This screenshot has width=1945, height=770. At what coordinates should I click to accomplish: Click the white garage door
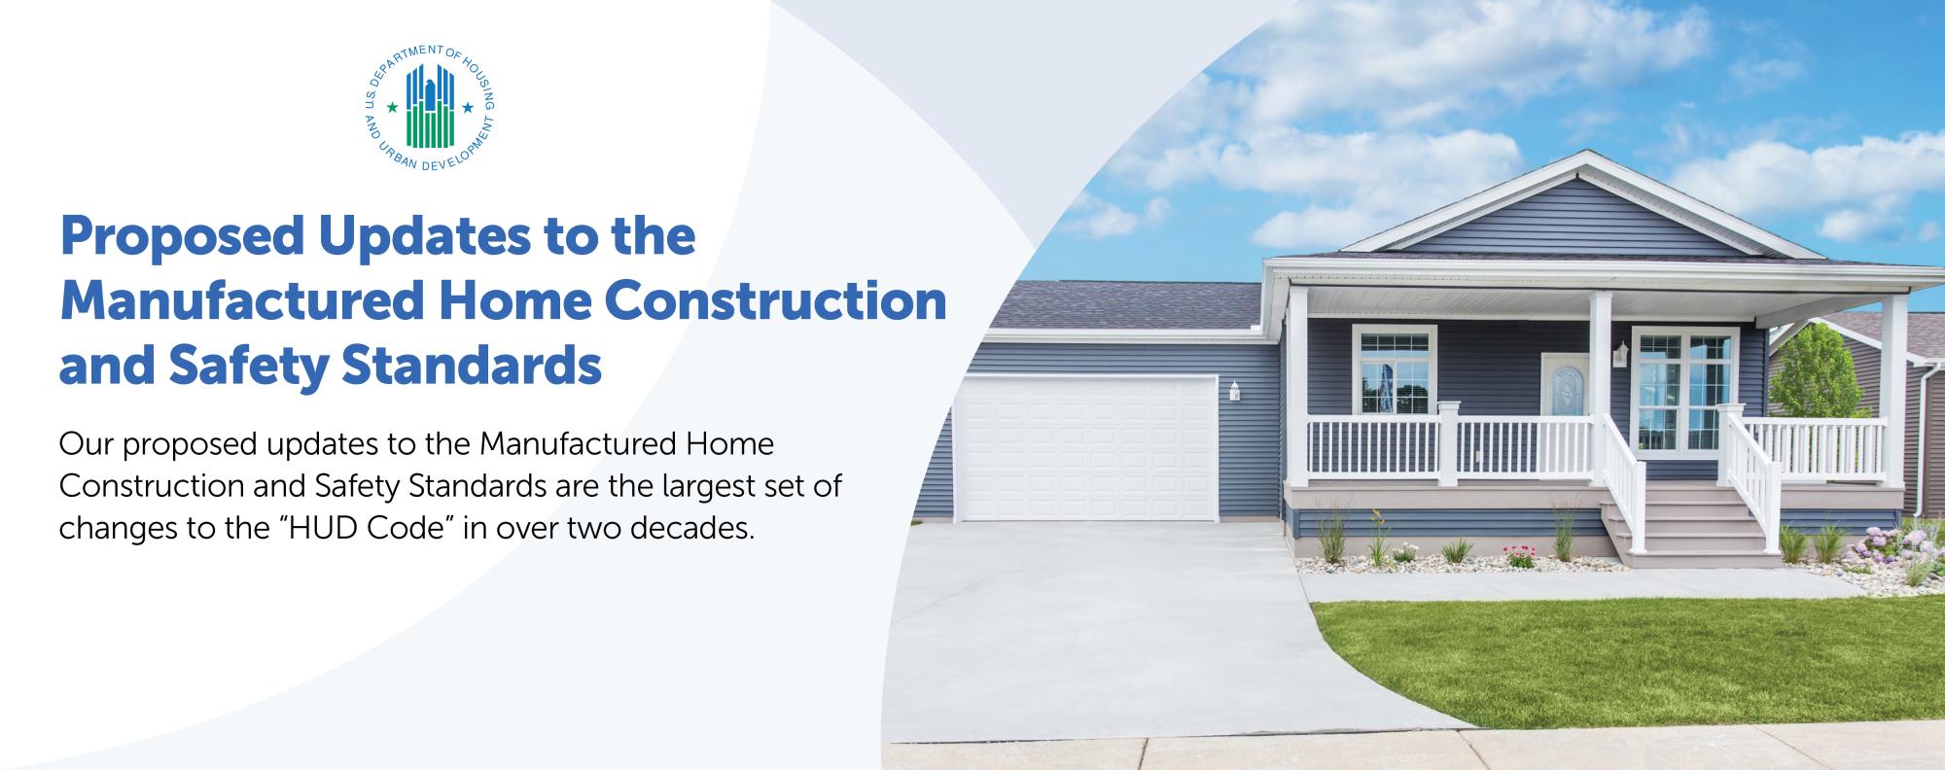1085,448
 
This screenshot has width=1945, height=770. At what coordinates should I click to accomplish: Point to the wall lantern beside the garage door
1234,390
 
